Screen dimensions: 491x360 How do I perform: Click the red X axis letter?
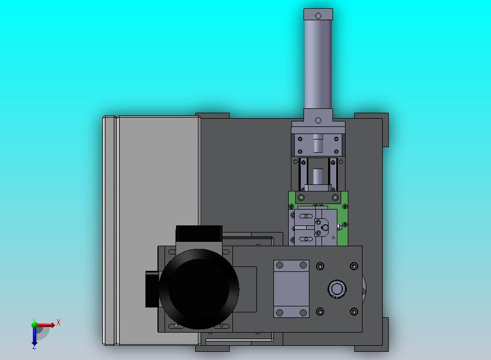point(59,322)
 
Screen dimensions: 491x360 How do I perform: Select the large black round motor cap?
point(199,289)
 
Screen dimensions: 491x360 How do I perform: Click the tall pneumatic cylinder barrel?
point(318,65)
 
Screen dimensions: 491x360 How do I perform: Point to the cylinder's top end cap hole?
point(318,16)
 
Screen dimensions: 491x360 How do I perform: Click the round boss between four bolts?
point(337,289)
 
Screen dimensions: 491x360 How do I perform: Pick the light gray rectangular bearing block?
point(291,288)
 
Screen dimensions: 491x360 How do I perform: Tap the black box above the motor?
point(199,234)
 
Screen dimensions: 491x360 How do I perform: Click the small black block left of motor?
point(153,289)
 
